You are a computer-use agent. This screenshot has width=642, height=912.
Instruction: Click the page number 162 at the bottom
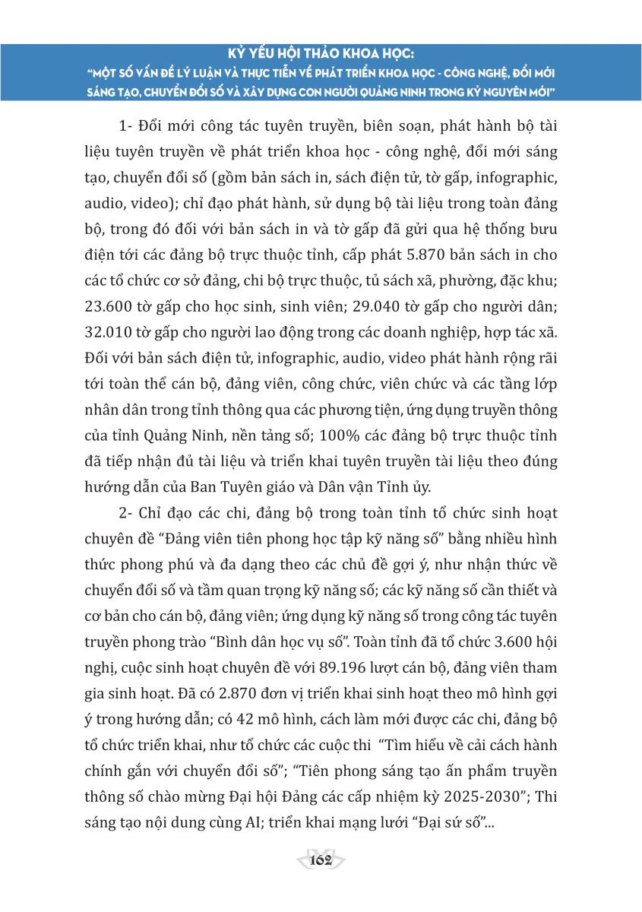(321, 860)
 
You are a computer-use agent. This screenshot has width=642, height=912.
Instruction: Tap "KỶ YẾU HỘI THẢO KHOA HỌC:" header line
(321, 55)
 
